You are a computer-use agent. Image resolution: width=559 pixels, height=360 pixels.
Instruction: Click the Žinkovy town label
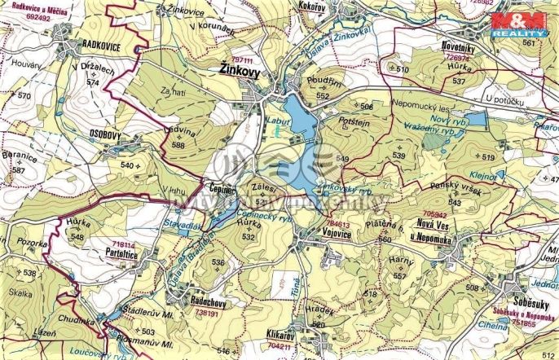pyautogui.click(x=241, y=72)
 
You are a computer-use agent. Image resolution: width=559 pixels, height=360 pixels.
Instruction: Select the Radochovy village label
pyautogui.click(x=207, y=301)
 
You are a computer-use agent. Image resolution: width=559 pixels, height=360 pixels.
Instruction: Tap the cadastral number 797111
pyautogui.click(x=242, y=60)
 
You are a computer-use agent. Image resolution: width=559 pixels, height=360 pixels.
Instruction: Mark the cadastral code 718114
pyautogui.click(x=123, y=244)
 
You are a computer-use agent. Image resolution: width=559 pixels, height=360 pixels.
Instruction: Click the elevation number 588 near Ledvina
pyautogui.click(x=178, y=145)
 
